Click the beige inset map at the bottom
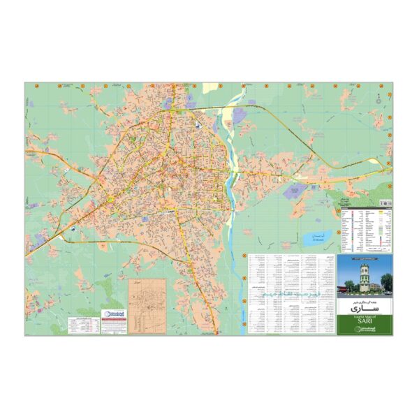pos(147,306)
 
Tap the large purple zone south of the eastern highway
pos(293,191)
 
